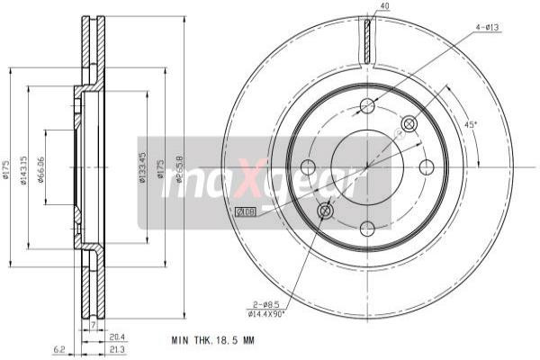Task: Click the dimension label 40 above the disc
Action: (384, 7)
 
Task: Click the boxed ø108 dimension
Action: (246, 211)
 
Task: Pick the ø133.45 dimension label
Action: (142, 166)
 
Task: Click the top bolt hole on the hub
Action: (367, 106)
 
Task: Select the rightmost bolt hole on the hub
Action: (427, 166)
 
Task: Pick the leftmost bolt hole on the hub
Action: (308, 166)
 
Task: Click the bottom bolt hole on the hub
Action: (367, 227)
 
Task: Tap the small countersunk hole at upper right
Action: (409, 124)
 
